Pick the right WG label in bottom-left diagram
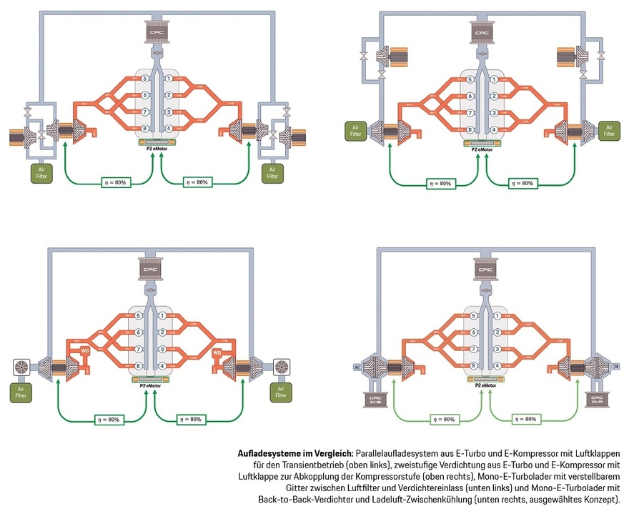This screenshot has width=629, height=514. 217,350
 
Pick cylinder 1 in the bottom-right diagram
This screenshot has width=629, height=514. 491,315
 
